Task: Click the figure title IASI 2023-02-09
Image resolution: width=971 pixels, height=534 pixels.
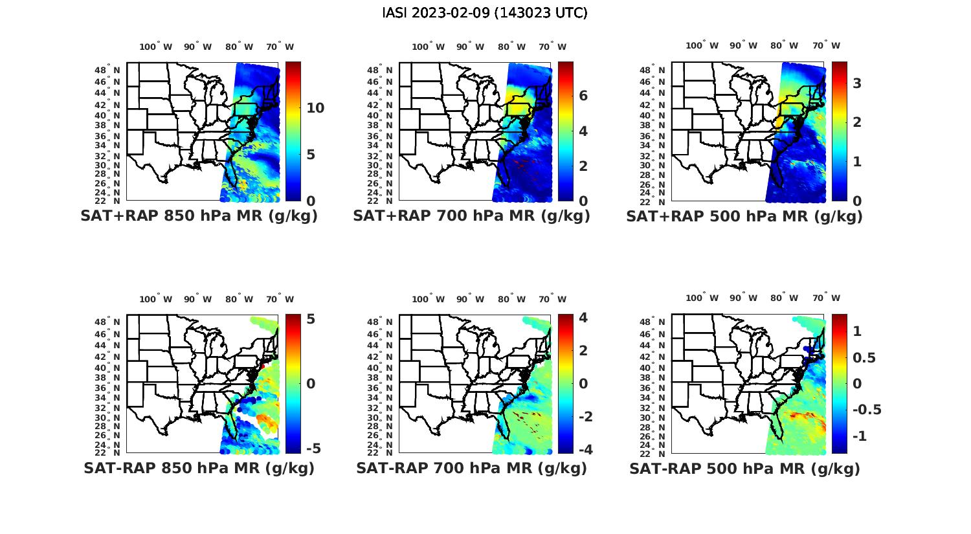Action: pos(485,12)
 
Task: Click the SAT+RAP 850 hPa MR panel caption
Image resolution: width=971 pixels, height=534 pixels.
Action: pos(199,216)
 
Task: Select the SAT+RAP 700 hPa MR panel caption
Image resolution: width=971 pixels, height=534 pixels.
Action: pos(471,216)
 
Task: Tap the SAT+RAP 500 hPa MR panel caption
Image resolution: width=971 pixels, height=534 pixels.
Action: pos(744,216)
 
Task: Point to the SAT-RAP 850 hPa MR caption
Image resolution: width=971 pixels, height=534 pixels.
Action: pos(199,468)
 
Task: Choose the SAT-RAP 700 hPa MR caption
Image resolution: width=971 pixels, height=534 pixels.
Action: pos(471,468)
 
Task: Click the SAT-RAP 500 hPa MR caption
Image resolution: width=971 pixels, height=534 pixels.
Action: pos(744,469)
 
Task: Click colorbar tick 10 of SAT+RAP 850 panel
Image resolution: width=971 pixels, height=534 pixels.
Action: pos(315,107)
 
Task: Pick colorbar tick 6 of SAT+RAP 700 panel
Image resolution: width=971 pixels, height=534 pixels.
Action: pos(583,96)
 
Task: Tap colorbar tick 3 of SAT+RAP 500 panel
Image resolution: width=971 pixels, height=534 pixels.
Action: pos(856,83)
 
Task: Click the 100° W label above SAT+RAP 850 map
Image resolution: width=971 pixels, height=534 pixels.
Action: pos(156,47)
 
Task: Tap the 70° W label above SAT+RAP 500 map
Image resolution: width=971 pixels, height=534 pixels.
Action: pos(827,45)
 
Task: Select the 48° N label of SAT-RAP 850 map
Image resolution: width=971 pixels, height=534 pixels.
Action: pos(108,322)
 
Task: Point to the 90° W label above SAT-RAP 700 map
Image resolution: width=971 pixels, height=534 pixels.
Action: pos(470,299)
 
